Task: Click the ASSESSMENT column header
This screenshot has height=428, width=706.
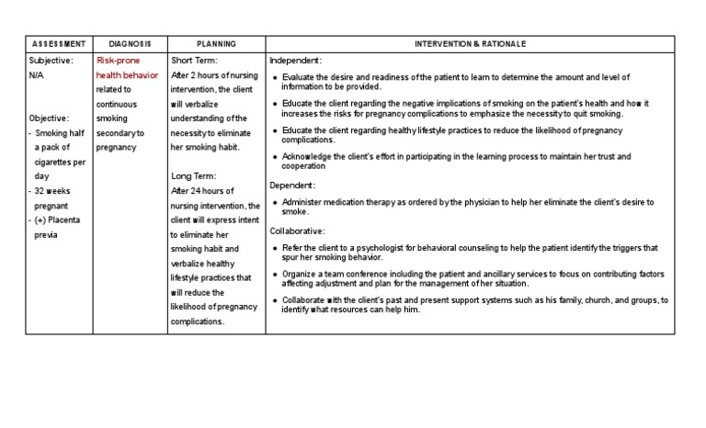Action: (59, 44)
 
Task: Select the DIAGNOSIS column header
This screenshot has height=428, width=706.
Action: (130, 44)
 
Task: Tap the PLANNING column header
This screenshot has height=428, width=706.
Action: (216, 44)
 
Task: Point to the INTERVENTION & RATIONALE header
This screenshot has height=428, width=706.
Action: (471, 44)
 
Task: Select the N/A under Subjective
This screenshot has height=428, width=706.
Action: (36, 74)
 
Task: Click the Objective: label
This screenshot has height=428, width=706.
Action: (49, 118)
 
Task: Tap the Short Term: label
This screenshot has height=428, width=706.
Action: (196, 60)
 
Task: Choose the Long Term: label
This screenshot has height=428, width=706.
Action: (195, 176)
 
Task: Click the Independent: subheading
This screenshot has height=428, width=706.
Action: (295, 60)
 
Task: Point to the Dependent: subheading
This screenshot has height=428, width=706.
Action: (292, 185)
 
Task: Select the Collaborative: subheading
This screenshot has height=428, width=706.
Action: (298, 231)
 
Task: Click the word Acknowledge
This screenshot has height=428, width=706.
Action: (310, 157)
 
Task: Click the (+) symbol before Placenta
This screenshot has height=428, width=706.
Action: (40, 220)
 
